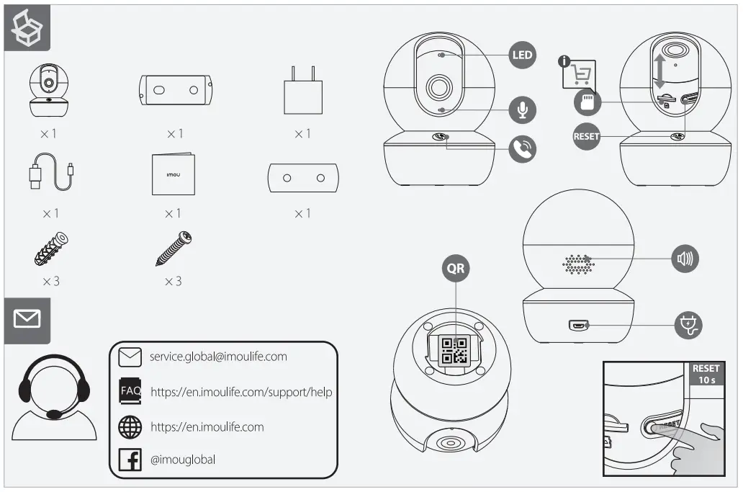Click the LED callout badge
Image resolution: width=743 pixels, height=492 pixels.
tap(522, 55)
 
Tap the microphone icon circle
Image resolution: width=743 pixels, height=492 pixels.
tap(522, 109)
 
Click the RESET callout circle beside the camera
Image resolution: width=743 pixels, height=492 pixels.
tap(587, 136)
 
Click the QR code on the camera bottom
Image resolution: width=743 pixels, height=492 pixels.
tap(455, 351)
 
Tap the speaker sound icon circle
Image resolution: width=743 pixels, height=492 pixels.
tap(684, 258)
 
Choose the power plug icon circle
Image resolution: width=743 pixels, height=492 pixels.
tap(688, 325)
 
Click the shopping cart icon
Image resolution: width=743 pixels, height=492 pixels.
tap(582, 74)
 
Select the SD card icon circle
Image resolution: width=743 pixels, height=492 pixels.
tap(587, 102)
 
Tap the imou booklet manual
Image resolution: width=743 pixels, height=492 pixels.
tap(173, 174)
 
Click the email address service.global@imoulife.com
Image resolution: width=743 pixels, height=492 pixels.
tap(218, 357)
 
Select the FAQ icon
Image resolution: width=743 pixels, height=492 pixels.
tap(130, 392)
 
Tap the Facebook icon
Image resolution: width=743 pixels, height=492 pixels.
tap(130, 460)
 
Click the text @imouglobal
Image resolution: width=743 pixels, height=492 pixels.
tap(183, 460)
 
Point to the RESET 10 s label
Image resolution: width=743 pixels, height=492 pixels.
tap(706, 374)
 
